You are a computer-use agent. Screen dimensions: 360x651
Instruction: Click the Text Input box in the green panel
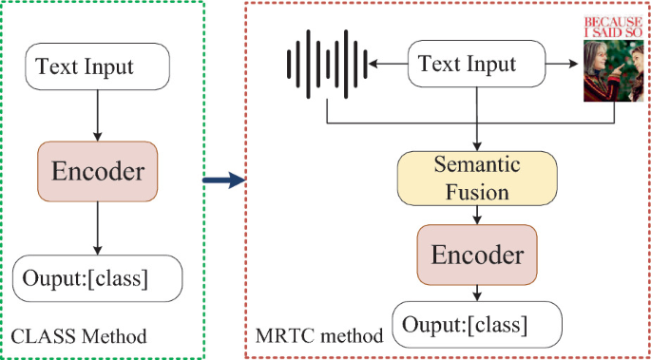[98, 66]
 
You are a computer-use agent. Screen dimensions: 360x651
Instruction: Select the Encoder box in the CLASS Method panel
[98, 172]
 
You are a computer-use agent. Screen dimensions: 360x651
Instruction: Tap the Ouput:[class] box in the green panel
[98, 277]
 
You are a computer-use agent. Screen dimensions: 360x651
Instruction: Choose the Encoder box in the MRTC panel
[477, 255]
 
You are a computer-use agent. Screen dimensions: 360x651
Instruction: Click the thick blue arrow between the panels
[225, 179]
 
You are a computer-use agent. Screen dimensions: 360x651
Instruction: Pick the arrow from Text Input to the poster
[564, 65]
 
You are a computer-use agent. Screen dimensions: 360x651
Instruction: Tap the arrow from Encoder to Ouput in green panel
[98, 228]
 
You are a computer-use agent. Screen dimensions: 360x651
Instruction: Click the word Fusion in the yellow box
[478, 191]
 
